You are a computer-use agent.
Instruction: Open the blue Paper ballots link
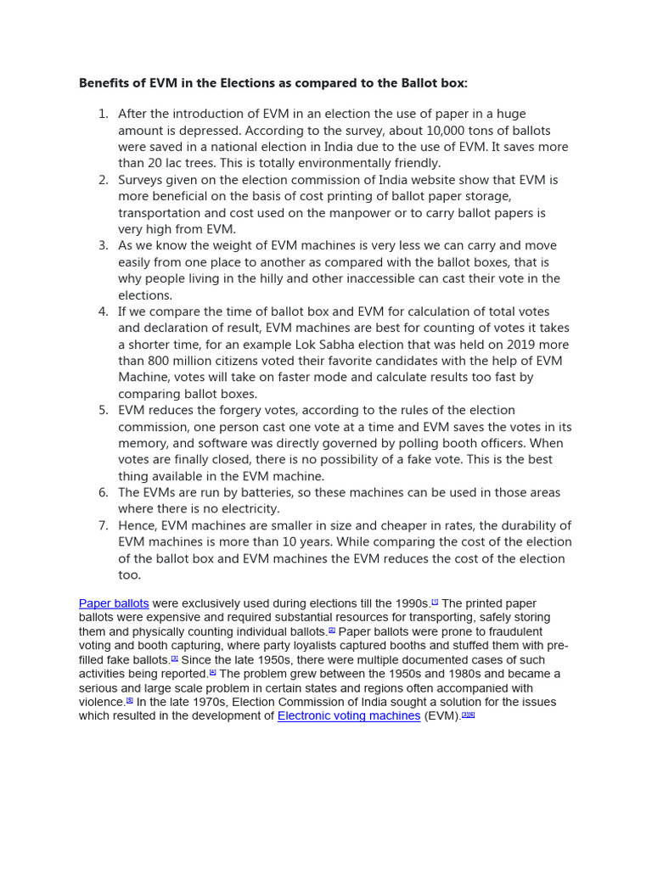pos(114,603)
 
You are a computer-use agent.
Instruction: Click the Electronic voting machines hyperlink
pos(349,716)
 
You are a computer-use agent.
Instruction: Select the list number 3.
pos(103,246)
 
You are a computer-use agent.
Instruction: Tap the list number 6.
pos(103,493)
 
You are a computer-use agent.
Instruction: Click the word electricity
pos(250,509)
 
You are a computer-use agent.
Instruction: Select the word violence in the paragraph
pos(102,703)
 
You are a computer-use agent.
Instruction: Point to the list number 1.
pos(103,115)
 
